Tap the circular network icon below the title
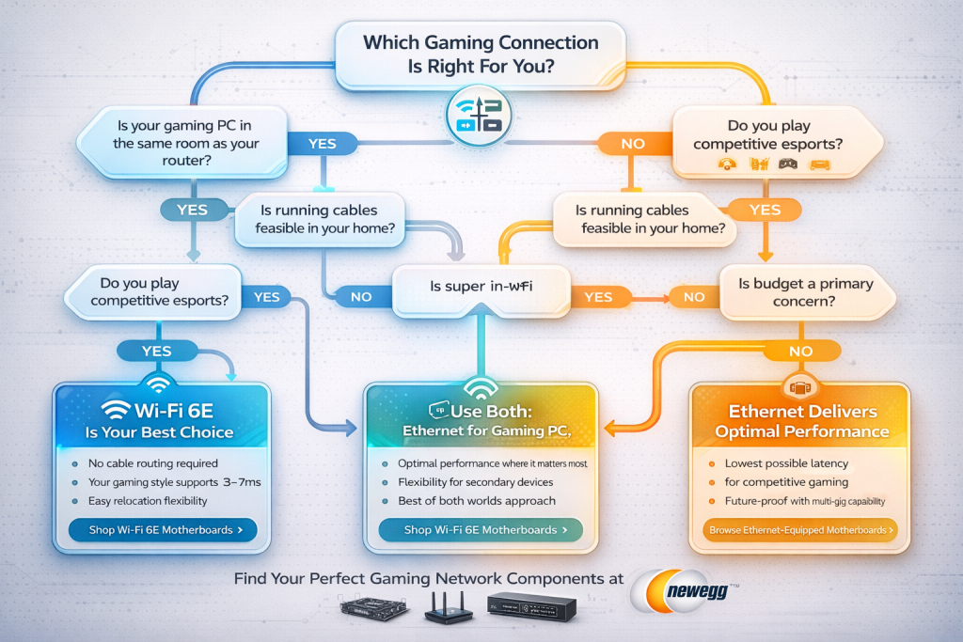tap(481, 116)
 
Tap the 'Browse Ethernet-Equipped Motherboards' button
tap(799, 530)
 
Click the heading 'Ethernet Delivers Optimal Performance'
tap(801, 421)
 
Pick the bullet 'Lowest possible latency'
tap(786, 463)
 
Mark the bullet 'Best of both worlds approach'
tap(477, 500)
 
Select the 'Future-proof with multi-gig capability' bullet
tap(804, 500)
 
